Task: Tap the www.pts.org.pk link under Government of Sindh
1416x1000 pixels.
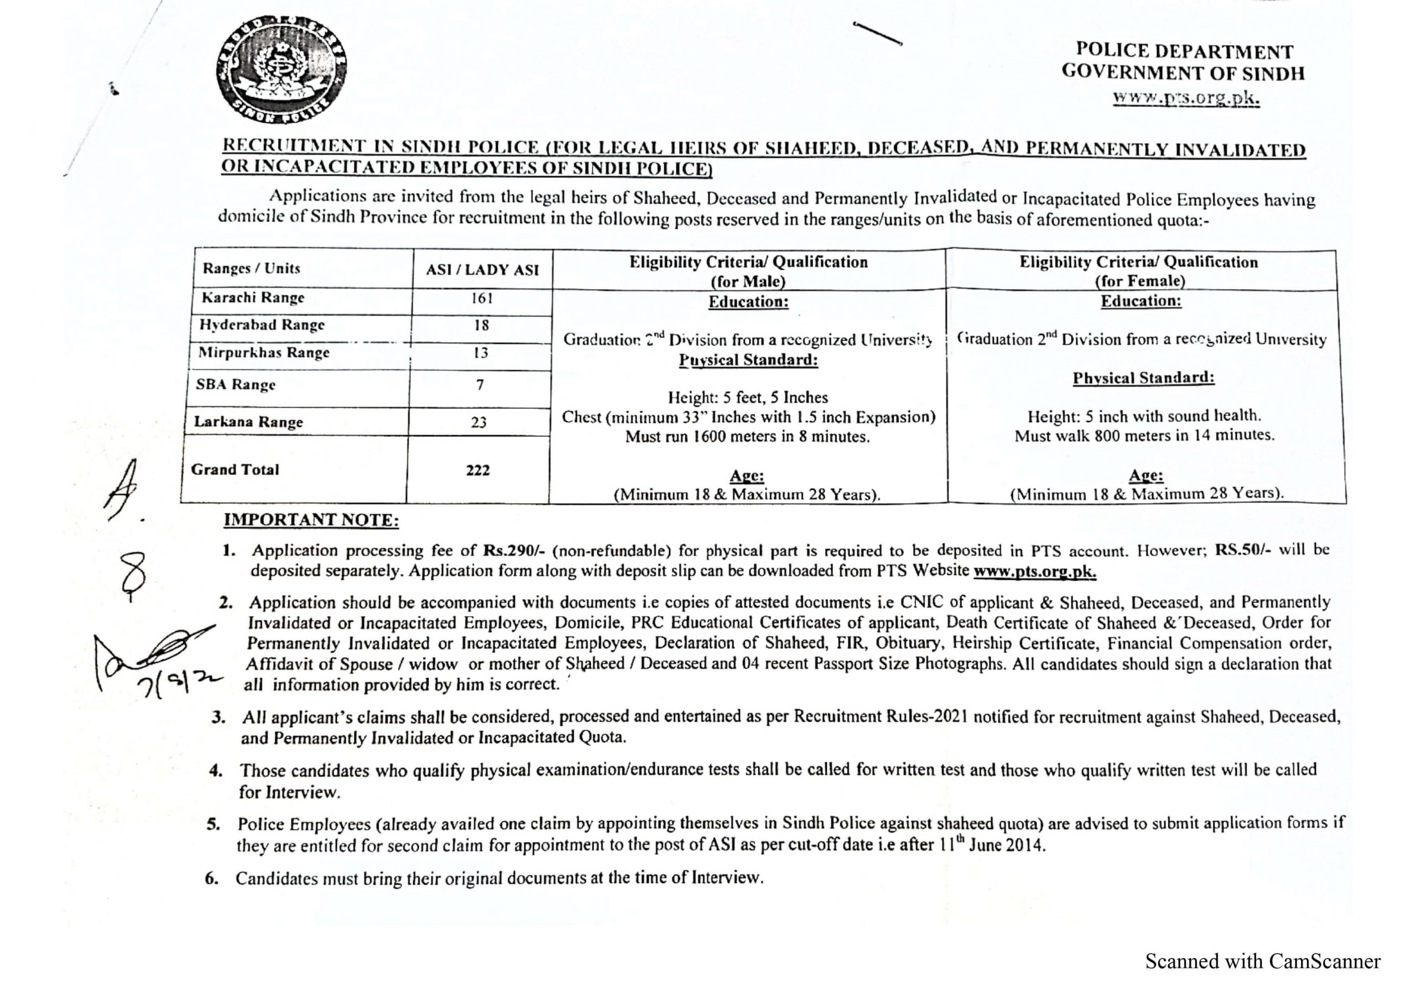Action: [1186, 98]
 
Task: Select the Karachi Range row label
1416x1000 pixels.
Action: [253, 298]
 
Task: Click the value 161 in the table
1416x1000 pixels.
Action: [482, 299]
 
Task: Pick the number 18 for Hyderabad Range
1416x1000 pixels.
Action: [482, 325]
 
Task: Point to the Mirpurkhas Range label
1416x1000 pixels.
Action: [264, 353]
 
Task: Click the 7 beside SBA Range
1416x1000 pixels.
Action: [480, 385]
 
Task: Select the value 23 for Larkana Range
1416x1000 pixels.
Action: [478, 422]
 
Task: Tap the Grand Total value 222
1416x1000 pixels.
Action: [478, 470]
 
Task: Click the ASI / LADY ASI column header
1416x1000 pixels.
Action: [482, 269]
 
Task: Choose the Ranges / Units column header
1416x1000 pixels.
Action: [251, 268]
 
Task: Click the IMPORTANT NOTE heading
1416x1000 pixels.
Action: [311, 520]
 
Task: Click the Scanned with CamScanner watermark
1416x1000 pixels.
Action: [1262, 961]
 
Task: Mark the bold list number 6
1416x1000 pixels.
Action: [211, 878]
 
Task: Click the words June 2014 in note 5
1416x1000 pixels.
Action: [1007, 845]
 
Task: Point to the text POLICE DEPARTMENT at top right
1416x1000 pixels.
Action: [1184, 51]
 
